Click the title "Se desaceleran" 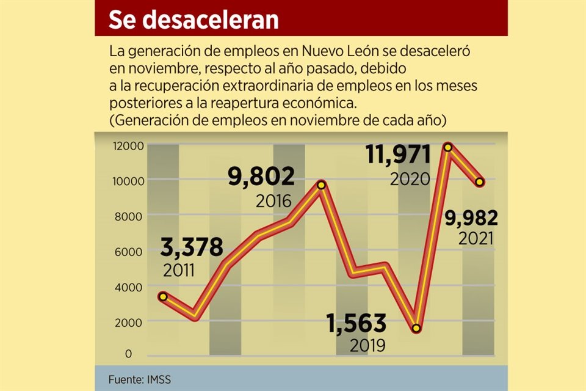194,20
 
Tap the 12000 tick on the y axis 128,145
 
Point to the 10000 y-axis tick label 128,180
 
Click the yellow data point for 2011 163,296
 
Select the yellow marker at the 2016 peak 322,185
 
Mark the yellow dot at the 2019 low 416,329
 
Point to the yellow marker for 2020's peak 448,147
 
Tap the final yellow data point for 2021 480,182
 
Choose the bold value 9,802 261,177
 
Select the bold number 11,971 398,155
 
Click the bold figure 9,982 471,217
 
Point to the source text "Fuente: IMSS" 140,379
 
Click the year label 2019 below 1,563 367,346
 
